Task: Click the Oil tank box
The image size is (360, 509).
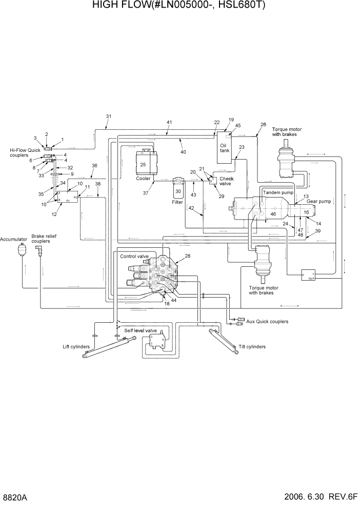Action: point(224,147)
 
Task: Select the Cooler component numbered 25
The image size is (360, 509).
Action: point(143,164)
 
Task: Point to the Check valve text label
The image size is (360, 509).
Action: point(226,181)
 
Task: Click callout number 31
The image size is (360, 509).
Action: point(108,116)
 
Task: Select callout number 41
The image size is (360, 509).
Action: point(169,122)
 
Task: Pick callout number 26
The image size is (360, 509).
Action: point(263,125)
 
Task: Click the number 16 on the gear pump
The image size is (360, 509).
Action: point(306,211)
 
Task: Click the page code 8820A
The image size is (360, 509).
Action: point(14,498)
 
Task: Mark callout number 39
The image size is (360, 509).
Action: point(318,231)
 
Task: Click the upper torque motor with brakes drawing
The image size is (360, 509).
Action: point(287,159)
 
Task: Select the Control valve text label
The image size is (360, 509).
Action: point(134,256)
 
